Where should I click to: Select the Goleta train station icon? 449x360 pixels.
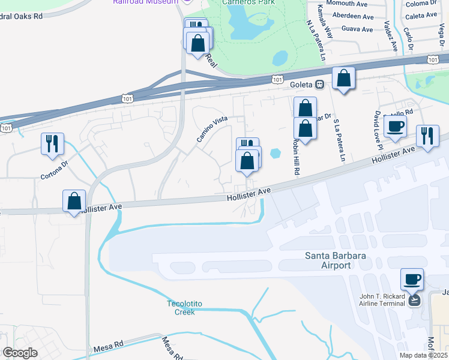click(x=321, y=85)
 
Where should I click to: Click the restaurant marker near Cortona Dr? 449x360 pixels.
click(x=52, y=144)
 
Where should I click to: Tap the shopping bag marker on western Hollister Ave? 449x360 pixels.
click(x=74, y=202)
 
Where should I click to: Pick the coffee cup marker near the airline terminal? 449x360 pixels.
click(x=412, y=279)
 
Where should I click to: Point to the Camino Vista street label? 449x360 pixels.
click(x=212, y=129)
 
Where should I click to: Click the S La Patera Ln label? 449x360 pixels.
click(x=339, y=140)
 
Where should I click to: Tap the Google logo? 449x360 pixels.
click(x=20, y=352)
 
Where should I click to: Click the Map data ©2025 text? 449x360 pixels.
click(x=423, y=355)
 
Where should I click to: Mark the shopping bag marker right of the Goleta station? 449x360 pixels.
click(x=343, y=79)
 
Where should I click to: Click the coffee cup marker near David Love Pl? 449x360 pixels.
click(x=395, y=127)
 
